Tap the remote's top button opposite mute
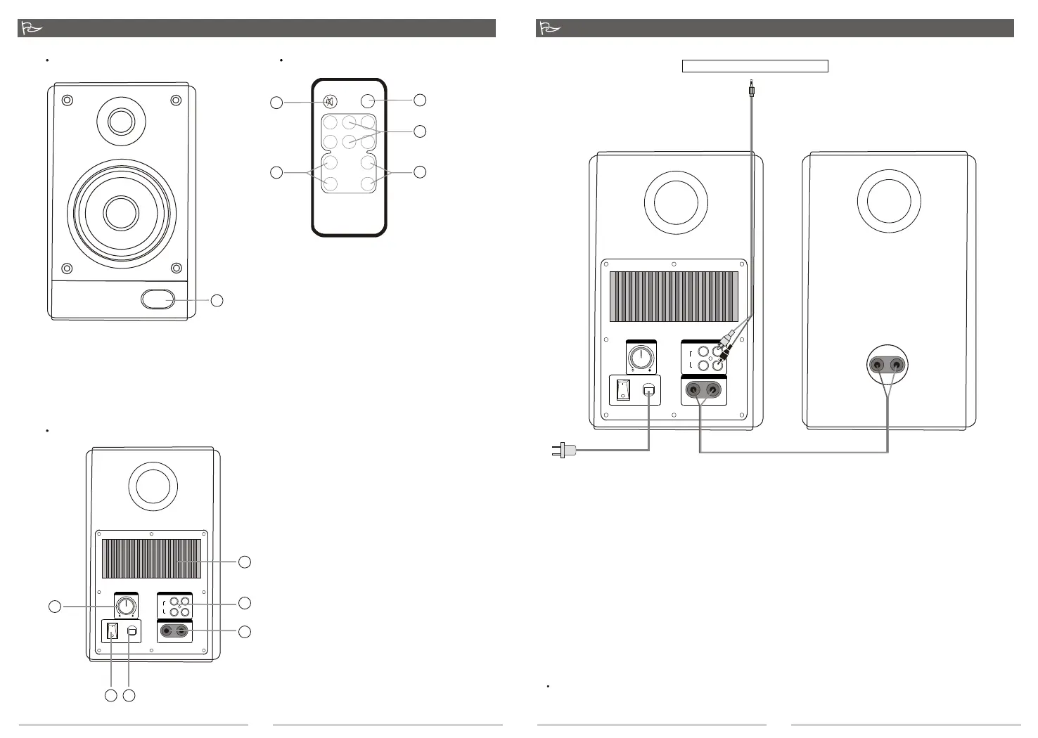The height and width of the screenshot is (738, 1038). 367,101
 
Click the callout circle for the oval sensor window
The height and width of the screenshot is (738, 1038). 217,301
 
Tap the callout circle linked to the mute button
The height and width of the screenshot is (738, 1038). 276,103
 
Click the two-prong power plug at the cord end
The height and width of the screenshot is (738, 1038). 564,450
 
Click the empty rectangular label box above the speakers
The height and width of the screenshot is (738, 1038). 755,66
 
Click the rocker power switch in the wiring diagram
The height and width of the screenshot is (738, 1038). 622,390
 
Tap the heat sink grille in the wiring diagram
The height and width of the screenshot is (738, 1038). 673,296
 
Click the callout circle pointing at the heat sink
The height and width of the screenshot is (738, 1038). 244,562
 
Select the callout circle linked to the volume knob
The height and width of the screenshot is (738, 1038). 54,607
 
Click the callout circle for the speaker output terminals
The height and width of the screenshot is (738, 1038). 244,632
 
